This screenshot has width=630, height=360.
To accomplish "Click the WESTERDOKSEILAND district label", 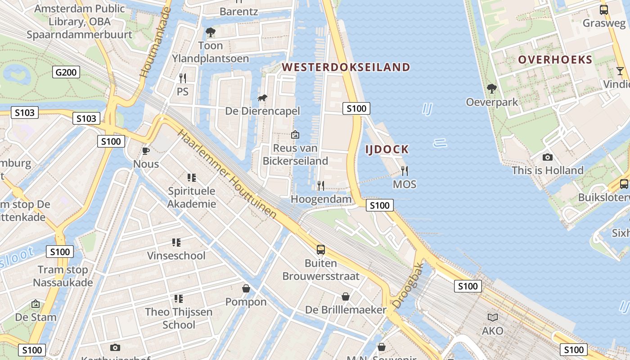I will point(346,67).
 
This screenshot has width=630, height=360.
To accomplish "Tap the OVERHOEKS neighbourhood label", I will point(555,59).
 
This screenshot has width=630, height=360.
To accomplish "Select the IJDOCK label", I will point(387,149).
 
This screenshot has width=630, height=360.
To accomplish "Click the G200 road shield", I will point(66,72).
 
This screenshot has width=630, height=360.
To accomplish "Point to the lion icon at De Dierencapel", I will point(262,98).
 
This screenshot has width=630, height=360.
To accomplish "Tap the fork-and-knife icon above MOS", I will point(404,171).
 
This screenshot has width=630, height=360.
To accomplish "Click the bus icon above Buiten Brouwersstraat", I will point(321,250).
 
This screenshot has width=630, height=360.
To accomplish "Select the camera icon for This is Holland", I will point(547,157).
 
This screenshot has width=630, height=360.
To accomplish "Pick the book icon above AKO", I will point(493,318).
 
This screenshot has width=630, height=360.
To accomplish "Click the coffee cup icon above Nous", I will point(146,151).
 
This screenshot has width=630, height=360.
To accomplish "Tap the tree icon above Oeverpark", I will point(492,88).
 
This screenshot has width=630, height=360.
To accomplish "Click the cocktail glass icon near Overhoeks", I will point(620,71).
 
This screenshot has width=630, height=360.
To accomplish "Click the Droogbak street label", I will point(408,286).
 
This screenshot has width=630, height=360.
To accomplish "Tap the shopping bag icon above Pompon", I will point(246,288).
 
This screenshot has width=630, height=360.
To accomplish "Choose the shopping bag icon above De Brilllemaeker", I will point(346,297).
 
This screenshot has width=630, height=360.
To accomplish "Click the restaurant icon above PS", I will point(182,78).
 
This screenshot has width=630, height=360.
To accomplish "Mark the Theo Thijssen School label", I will point(179,318).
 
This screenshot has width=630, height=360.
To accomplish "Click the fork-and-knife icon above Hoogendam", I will point(321,185).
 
